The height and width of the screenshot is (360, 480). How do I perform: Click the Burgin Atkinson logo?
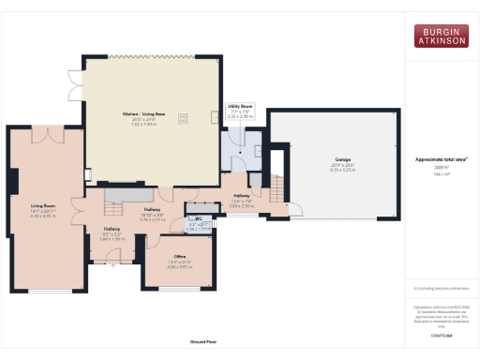point(442,37)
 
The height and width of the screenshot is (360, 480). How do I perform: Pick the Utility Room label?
point(240,108)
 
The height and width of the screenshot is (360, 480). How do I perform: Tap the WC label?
point(198,218)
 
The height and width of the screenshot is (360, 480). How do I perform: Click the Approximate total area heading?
point(442,159)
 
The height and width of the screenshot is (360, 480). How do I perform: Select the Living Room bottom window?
point(42,292)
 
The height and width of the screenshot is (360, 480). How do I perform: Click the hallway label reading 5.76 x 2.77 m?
point(153,221)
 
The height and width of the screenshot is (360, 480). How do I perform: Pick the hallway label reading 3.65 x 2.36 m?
point(242,204)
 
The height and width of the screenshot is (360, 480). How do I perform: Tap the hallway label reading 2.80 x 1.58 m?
point(112,239)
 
